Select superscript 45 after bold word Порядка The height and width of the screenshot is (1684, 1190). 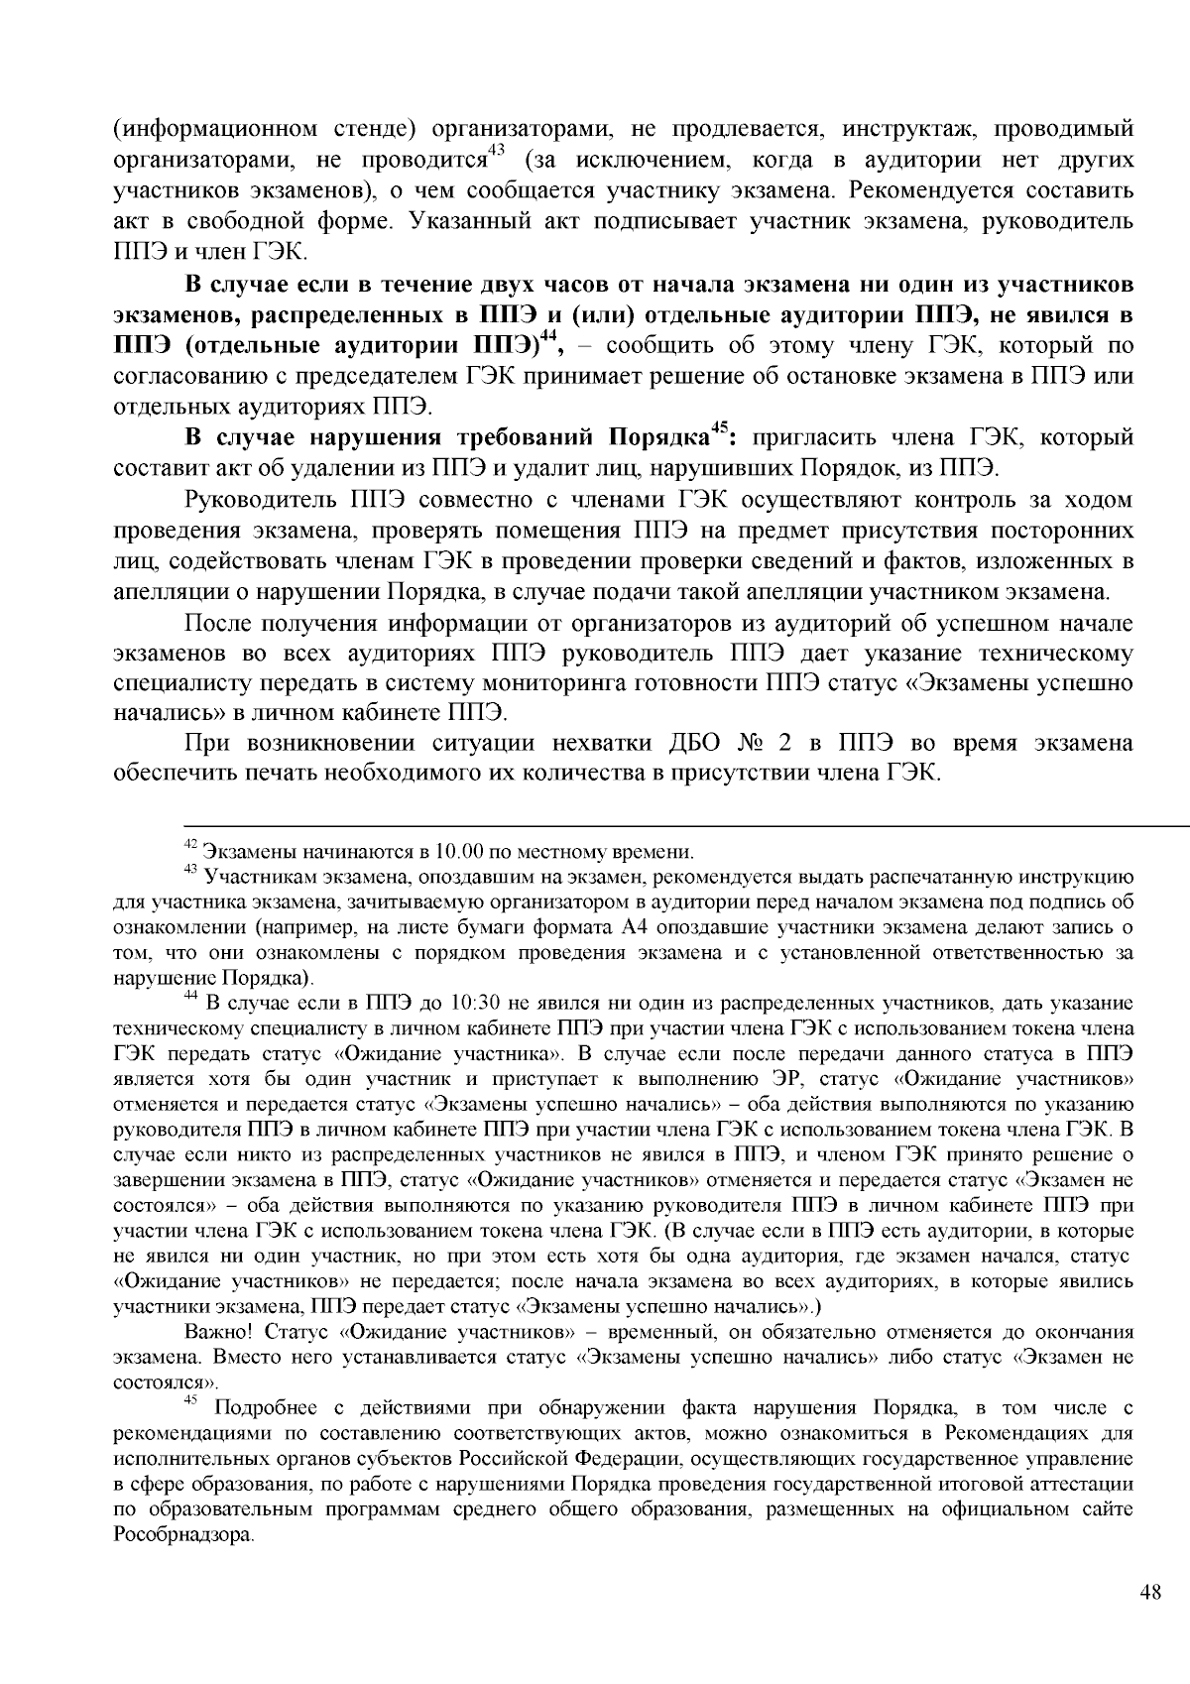[722, 429]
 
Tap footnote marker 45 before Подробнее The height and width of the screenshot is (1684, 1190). [191, 1401]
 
